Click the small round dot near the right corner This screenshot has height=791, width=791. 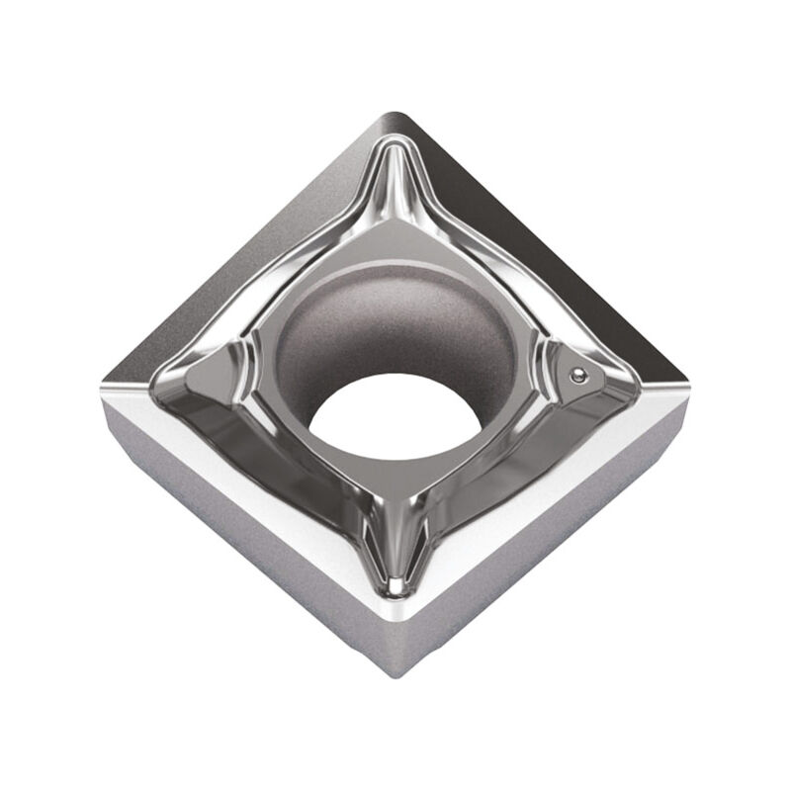[x=579, y=375]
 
